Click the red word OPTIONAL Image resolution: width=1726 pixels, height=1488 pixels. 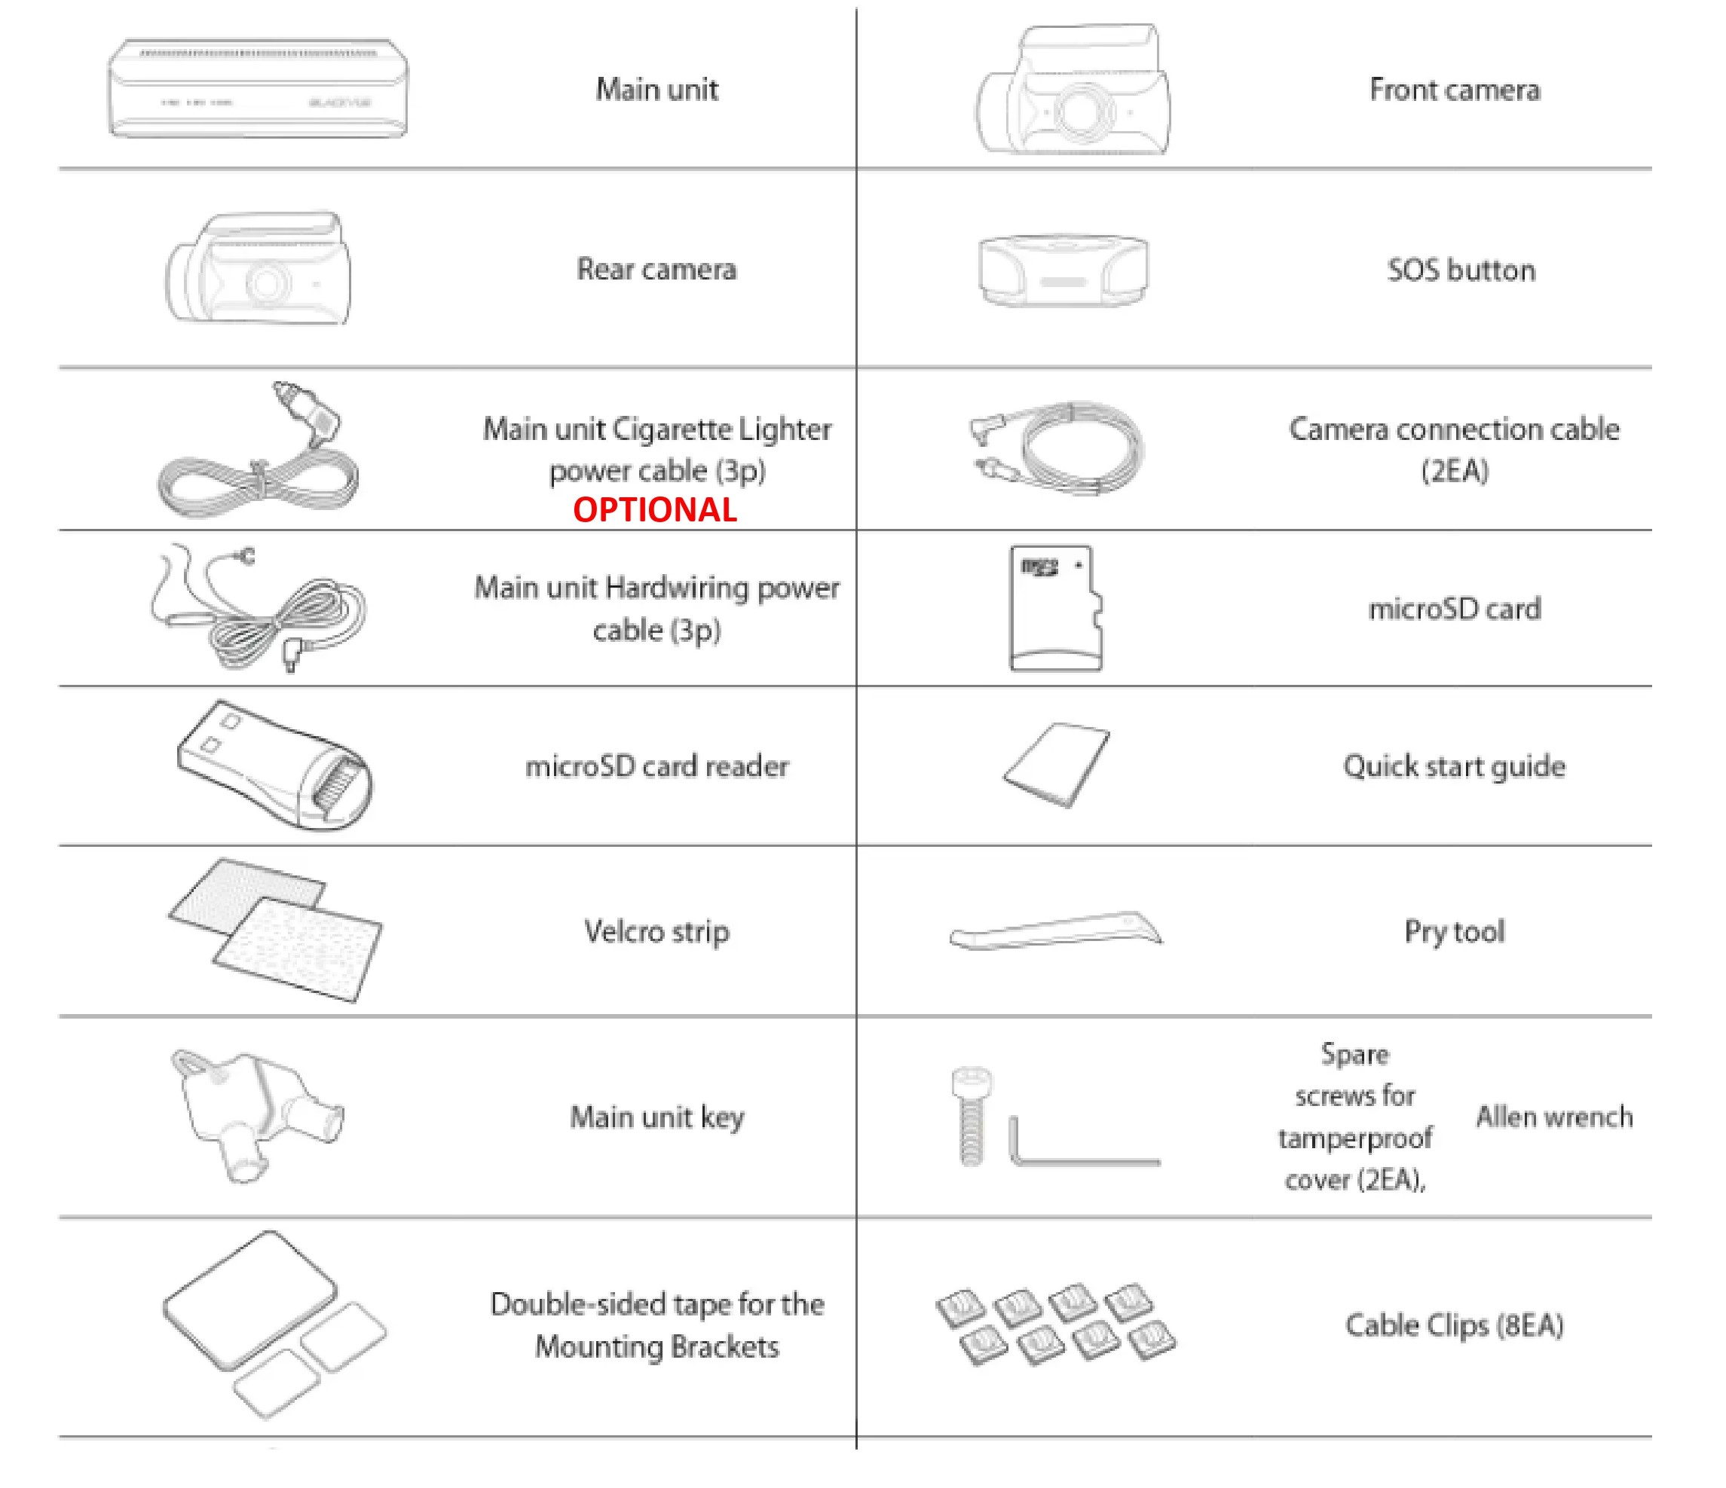(655, 509)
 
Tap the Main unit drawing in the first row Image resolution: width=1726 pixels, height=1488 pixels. (259, 87)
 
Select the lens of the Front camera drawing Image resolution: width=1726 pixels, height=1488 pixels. (1080, 112)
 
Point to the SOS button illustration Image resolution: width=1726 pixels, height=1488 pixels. (1063, 269)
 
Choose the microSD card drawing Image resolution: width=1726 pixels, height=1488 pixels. (1055, 608)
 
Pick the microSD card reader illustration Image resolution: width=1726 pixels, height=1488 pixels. (274, 765)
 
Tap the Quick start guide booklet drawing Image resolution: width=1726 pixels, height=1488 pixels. (1055, 765)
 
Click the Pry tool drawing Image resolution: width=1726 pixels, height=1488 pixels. (1055, 931)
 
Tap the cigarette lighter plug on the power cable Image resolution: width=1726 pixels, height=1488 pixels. (307, 413)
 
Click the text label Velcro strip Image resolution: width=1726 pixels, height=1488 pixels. (656, 932)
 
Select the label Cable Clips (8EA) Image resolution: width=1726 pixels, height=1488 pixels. (1454, 1325)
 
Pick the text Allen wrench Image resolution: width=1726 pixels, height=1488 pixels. (1553, 1117)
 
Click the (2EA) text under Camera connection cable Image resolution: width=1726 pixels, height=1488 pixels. (1455, 472)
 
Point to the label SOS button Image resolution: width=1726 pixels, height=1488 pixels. (1461, 270)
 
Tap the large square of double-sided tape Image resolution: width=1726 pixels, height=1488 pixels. (250, 1300)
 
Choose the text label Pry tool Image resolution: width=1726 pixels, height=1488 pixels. (1455, 932)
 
